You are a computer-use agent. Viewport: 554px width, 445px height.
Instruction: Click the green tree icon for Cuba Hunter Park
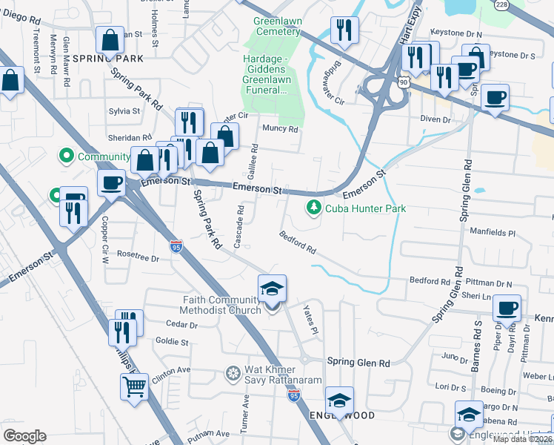click(315, 208)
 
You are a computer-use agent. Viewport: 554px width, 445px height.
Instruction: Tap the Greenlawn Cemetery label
click(277, 27)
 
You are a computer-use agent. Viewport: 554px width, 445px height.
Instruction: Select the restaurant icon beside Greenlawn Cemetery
click(344, 31)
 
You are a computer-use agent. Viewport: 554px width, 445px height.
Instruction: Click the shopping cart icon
click(134, 386)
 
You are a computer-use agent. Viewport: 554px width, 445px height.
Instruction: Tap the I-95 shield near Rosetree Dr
click(176, 245)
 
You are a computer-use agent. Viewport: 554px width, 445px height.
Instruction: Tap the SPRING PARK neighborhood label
click(107, 57)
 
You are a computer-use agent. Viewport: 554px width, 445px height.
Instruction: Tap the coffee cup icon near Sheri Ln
click(507, 307)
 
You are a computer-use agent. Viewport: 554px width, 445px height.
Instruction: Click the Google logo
click(24, 435)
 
